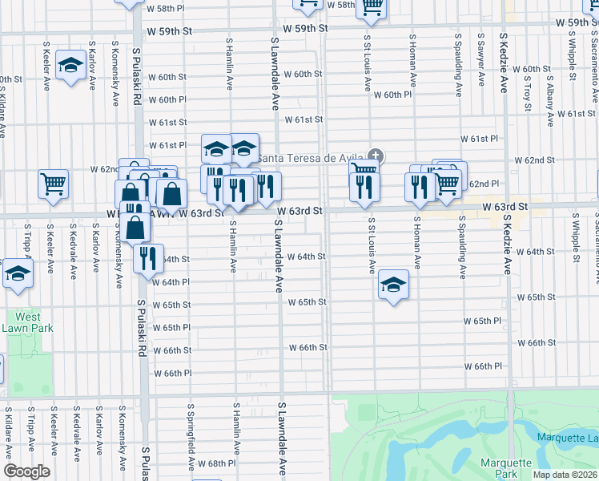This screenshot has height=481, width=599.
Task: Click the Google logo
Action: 26,471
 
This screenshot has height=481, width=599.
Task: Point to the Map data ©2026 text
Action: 565,475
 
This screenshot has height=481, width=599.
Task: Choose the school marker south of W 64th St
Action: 393,285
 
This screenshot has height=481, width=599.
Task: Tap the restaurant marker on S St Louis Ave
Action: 364,186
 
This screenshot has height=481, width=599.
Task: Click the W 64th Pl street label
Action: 170,282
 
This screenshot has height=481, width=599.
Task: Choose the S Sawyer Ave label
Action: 480,60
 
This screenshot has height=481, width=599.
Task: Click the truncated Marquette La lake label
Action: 567,437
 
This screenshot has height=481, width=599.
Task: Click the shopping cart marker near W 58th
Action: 371,6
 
